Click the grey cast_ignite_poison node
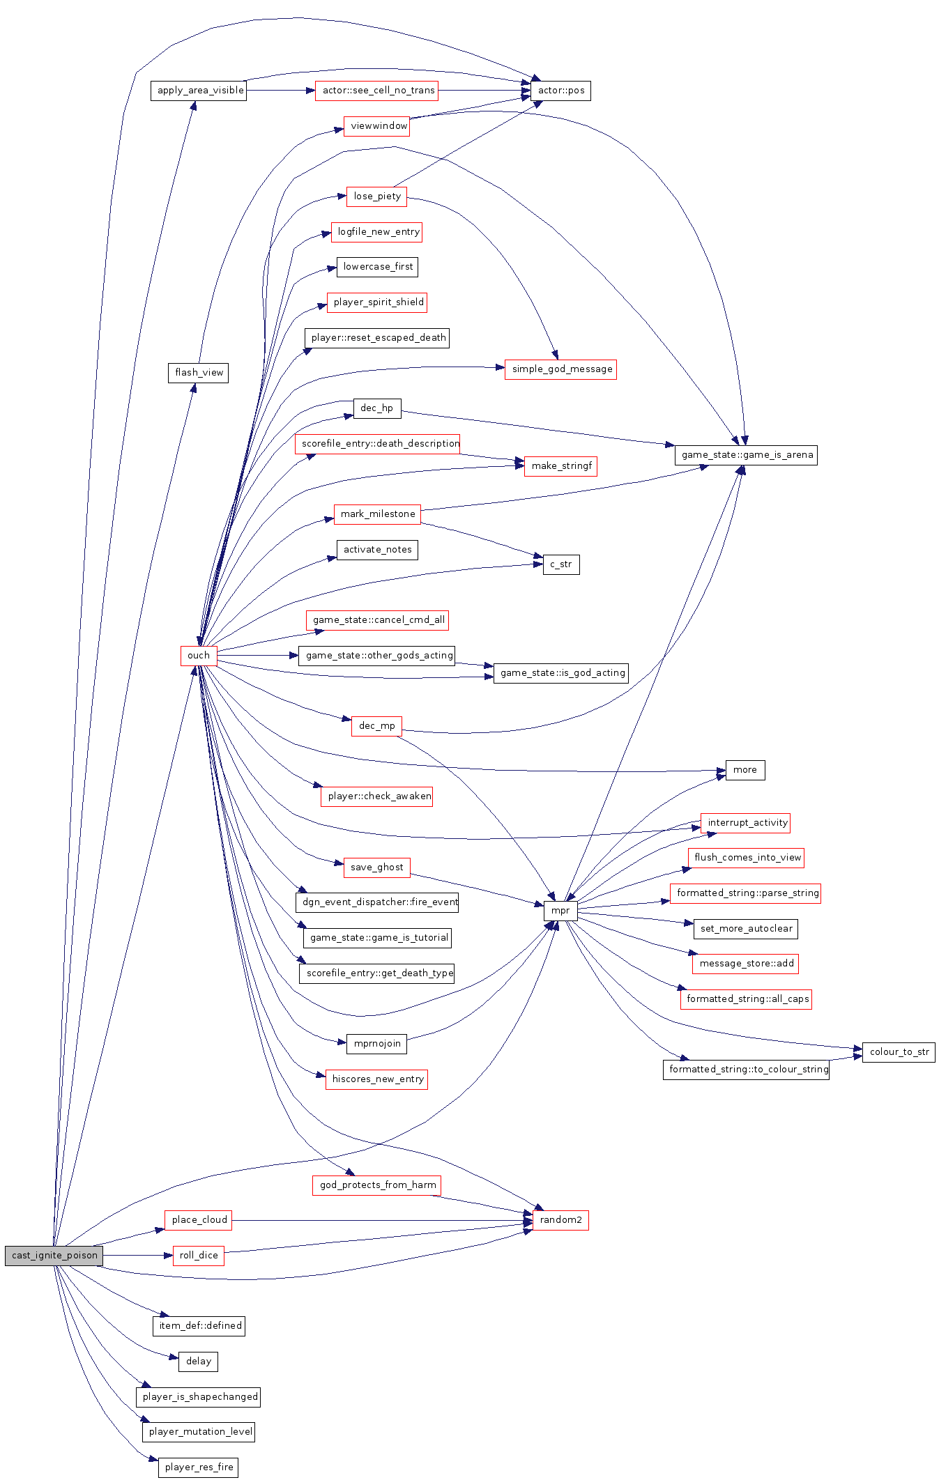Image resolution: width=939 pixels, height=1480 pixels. (54, 1256)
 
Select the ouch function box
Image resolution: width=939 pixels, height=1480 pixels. (198, 656)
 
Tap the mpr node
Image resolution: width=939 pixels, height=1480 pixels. (560, 911)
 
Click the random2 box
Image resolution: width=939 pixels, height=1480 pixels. (560, 1220)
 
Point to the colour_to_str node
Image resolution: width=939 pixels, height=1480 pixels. (899, 1052)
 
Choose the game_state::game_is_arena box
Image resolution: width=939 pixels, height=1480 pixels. (746, 455)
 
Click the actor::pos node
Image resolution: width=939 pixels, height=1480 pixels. (560, 91)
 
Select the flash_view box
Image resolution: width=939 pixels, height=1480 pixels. (199, 373)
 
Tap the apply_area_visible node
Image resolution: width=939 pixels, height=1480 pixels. (199, 91)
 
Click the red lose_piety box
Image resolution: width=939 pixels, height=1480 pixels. (376, 196)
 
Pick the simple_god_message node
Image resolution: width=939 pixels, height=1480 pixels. (561, 369)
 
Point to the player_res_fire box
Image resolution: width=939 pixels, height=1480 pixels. (199, 1467)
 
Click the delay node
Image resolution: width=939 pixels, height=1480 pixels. (199, 1362)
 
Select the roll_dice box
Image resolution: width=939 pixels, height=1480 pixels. (199, 1256)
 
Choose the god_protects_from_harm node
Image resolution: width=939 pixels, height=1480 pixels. (377, 1185)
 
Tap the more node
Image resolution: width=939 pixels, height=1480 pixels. (745, 770)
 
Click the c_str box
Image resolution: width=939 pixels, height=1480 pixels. (560, 564)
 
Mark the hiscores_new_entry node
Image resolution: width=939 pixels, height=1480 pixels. (377, 1079)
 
